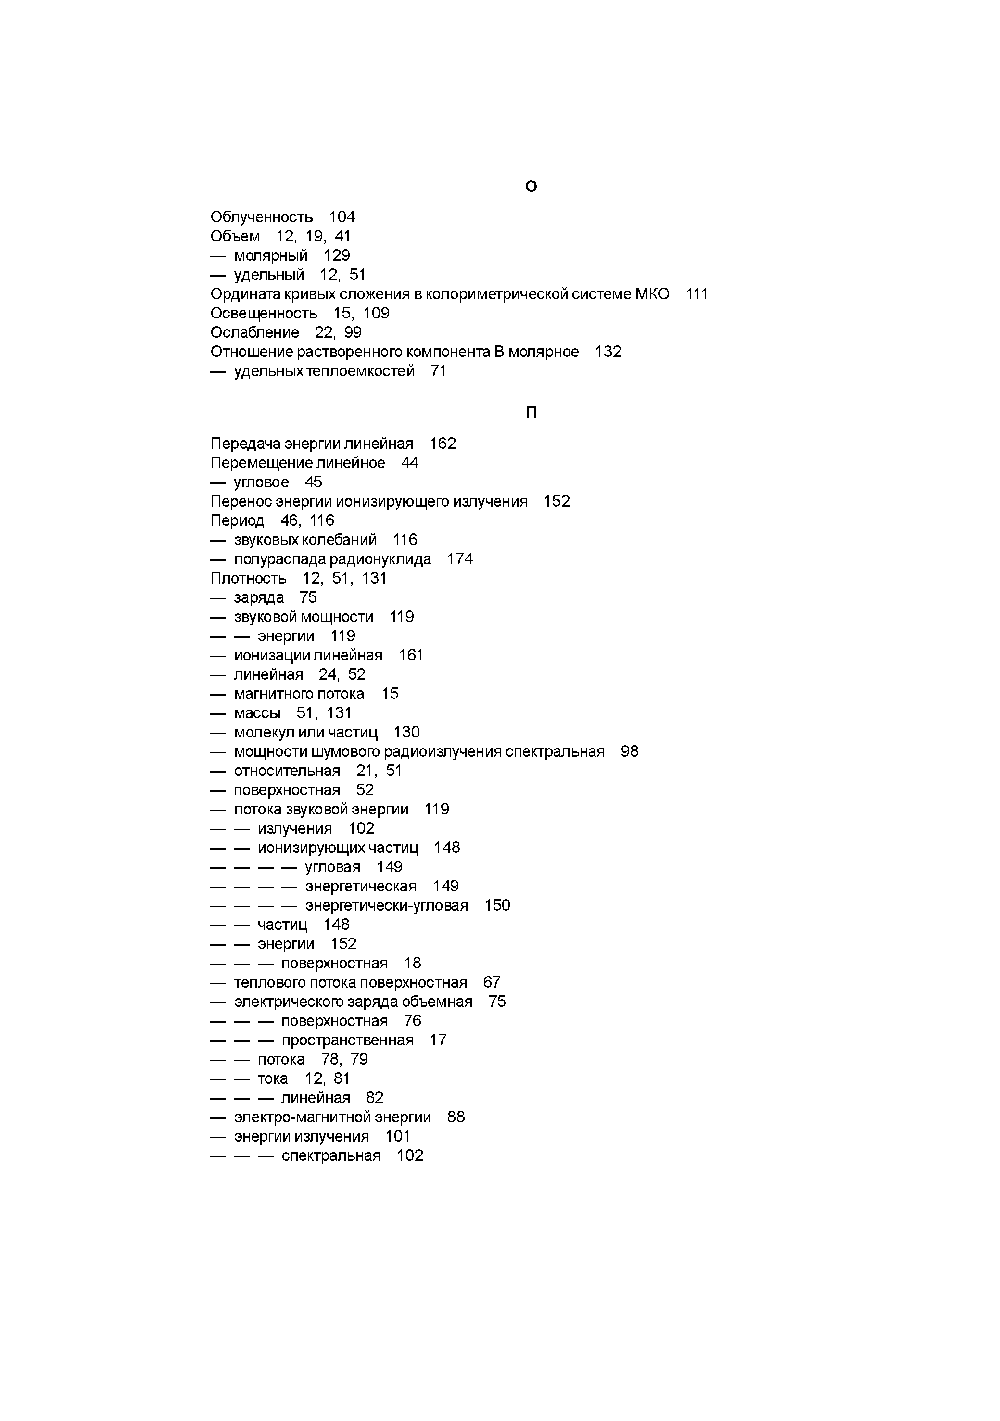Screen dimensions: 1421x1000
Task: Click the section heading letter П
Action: point(531,413)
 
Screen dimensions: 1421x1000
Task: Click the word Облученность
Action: point(262,217)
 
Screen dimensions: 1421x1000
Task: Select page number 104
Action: point(342,217)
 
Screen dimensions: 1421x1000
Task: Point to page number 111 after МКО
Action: point(697,294)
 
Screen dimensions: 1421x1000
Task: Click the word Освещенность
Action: point(264,314)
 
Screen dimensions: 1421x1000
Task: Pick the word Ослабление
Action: point(255,333)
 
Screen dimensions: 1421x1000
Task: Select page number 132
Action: point(608,352)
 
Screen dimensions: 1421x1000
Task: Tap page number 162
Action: point(443,444)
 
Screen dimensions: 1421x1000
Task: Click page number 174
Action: point(460,559)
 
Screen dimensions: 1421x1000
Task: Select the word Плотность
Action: point(249,579)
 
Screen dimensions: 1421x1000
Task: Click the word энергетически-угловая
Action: point(387,905)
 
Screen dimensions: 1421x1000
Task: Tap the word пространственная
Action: point(348,1040)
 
